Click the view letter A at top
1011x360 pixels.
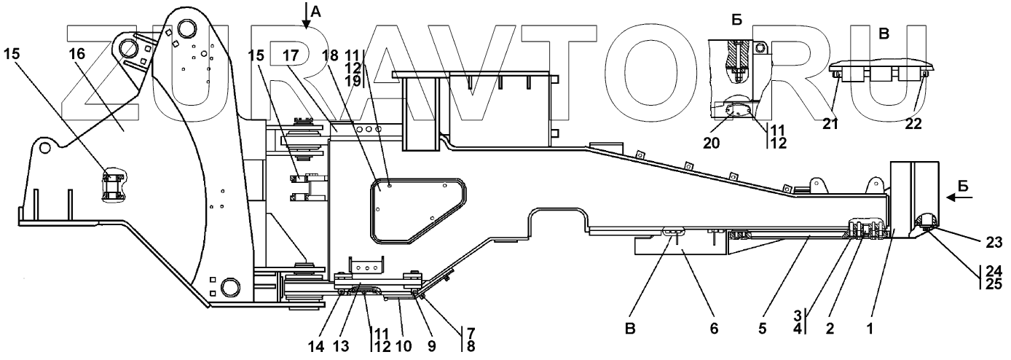point(315,10)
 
